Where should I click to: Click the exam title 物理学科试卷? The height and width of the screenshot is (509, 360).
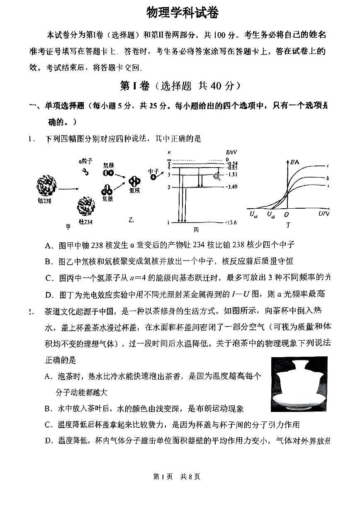pos(182,13)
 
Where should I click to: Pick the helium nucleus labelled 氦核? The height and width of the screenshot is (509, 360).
pos(134,181)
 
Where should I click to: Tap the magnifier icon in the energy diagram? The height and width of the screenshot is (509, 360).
pos(216,176)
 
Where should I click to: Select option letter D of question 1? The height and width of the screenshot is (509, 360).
pos(49,295)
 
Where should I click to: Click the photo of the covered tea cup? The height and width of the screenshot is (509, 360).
pos(299,384)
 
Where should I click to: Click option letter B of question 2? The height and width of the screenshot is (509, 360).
pos(48,409)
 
